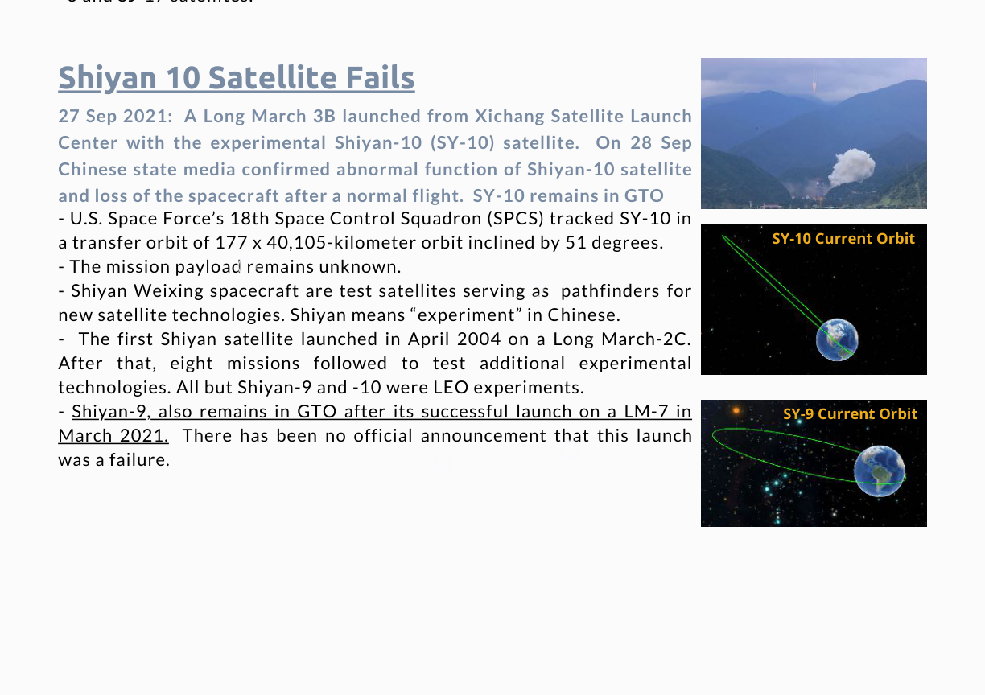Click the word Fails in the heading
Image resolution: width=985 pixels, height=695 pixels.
380,77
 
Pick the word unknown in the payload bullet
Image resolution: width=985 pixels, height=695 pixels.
360,266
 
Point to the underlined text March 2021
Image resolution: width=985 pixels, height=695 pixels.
113,436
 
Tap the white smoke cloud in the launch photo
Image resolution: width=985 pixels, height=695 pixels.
851,167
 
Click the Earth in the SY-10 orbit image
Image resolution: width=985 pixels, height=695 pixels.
837,339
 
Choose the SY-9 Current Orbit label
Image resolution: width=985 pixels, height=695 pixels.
851,413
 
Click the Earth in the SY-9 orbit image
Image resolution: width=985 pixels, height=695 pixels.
880,471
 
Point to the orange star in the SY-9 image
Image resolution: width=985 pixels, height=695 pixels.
736,411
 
